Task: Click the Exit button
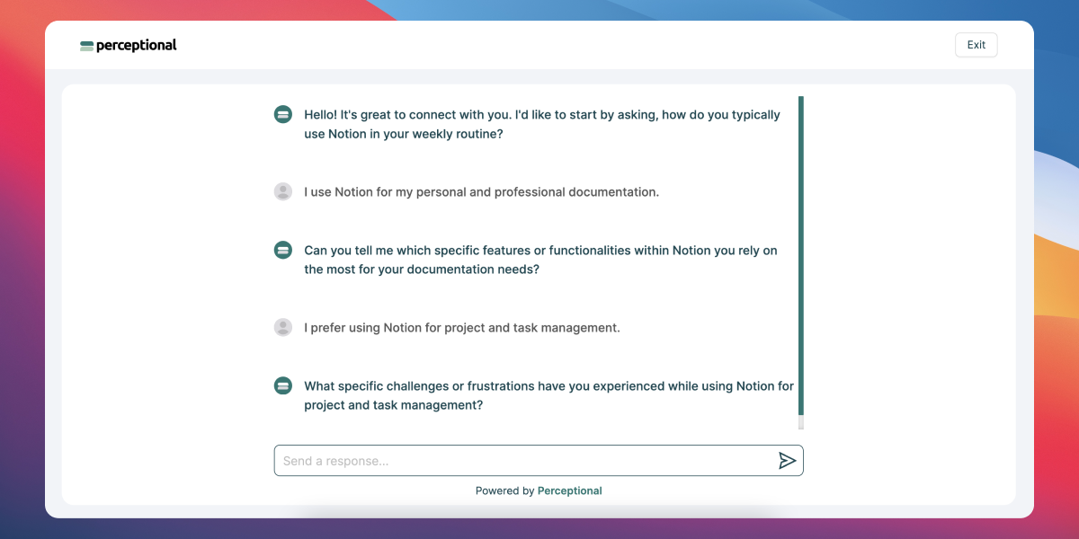tap(976, 45)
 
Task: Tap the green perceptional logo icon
tap(86, 46)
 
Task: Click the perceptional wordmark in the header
tap(137, 46)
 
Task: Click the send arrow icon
tap(787, 461)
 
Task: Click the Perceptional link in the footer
tap(569, 490)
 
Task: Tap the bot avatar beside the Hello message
tap(283, 115)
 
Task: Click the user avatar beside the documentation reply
tap(283, 191)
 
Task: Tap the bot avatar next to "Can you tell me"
tap(283, 251)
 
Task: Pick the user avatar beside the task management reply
tap(283, 327)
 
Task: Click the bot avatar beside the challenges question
tap(283, 386)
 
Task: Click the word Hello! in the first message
tap(320, 115)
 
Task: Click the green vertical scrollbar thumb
tap(801, 255)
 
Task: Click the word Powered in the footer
tap(497, 490)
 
